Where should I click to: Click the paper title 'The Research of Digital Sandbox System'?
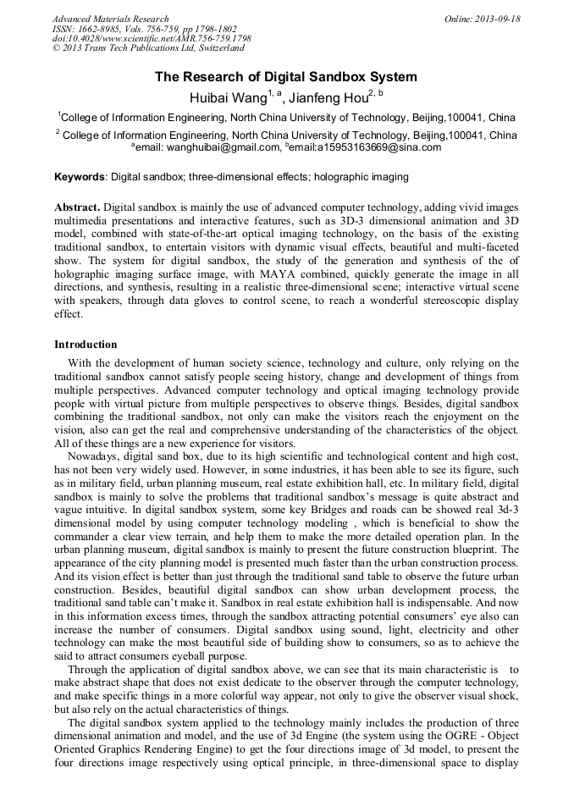pyautogui.click(x=286, y=77)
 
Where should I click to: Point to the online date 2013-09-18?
pyautogui.click(x=494, y=19)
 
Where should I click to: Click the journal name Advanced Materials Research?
pyautogui.click(x=111, y=19)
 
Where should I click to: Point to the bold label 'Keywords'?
pyautogui.click(x=80, y=177)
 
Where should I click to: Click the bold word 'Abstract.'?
pyautogui.click(x=77, y=207)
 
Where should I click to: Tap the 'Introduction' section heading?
pyautogui.click(x=86, y=345)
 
